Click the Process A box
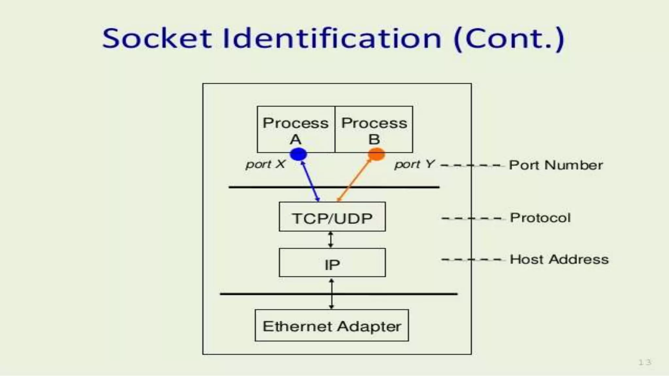(296, 129)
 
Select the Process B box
(374, 129)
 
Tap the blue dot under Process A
(298, 154)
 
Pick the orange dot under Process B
(376, 154)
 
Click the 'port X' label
(266, 164)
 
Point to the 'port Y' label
(415, 164)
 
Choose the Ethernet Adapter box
(332, 325)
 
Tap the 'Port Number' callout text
(556, 165)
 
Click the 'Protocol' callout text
(540, 218)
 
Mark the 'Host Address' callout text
(559, 259)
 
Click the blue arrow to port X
(310, 181)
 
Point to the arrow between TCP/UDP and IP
(331, 240)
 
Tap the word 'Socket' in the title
(157, 39)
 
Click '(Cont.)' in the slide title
(509, 39)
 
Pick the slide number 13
(645, 362)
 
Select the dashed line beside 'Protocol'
(471, 218)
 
